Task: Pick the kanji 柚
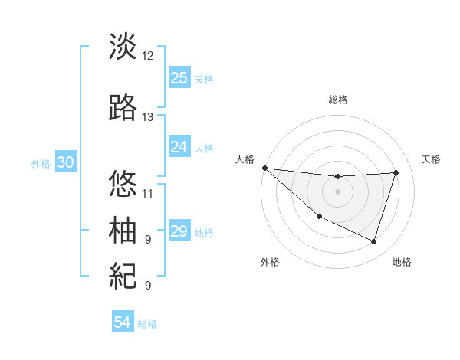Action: click(x=123, y=230)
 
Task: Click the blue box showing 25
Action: click(x=179, y=78)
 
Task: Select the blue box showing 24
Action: click(x=179, y=147)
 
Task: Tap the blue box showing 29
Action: click(x=179, y=231)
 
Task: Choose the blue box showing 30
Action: click(x=65, y=162)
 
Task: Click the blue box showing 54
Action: click(x=123, y=322)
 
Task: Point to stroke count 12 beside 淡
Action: click(x=148, y=56)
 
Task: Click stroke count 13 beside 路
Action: click(x=148, y=117)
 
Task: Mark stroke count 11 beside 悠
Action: click(x=148, y=193)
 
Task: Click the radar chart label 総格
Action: click(x=338, y=100)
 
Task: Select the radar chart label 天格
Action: click(x=431, y=159)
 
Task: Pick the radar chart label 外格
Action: click(x=270, y=262)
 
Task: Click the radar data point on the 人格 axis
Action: click(x=264, y=168)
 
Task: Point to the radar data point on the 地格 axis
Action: click(x=373, y=242)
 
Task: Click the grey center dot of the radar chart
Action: click(x=337, y=191)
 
